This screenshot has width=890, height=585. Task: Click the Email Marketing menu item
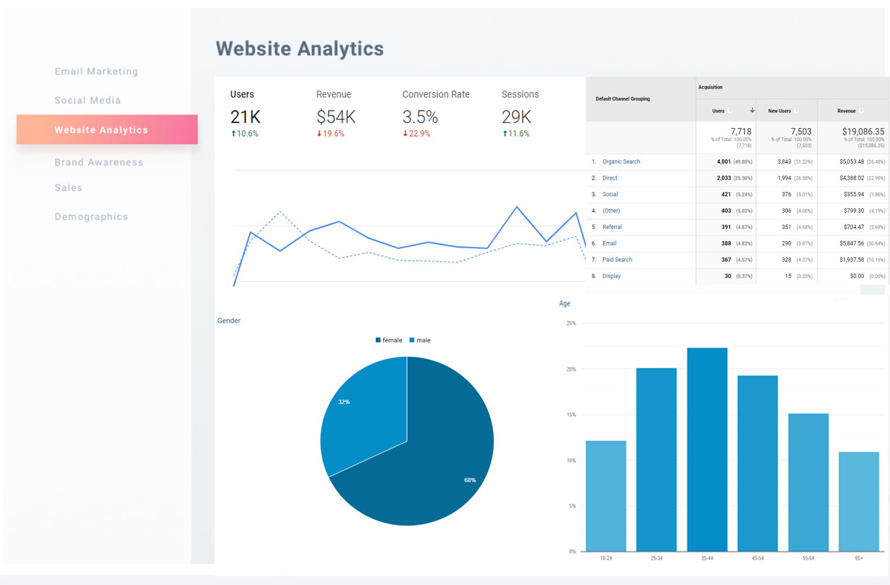[96, 72]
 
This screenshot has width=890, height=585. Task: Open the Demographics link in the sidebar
[91, 216]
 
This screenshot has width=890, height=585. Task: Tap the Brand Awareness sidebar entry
[98, 162]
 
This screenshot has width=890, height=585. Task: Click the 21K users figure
[245, 117]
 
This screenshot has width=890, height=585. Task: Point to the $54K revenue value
[336, 117]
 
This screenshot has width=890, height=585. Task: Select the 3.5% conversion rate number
[420, 117]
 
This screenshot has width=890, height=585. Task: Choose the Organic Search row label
[621, 161]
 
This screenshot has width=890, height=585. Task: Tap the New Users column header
[779, 111]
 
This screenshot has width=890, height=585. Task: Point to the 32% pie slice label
[344, 402]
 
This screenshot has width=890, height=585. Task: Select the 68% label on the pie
[470, 480]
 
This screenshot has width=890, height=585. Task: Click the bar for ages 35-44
[707, 449]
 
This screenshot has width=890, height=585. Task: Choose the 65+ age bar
[859, 501]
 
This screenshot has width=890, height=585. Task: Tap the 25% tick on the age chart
[571, 324]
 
